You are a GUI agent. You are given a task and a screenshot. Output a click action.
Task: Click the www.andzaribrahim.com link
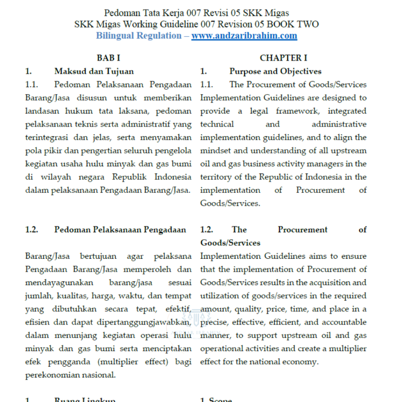pyautogui.click(x=244, y=36)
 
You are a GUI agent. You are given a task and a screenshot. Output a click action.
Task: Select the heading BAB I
pyautogui.click(x=108, y=58)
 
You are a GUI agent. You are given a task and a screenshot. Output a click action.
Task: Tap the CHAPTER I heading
pyautogui.click(x=283, y=58)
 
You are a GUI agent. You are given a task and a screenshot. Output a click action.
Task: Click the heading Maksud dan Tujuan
pyautogui.click(x=94, y=71)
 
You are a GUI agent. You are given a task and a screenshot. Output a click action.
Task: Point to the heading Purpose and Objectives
pyautogui.click(x=275, y=71)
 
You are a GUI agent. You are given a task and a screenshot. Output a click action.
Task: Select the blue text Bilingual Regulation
pyautogui.click(x=139, y=36)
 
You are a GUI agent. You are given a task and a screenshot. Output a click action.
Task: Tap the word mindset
pyautogui.click(x=216, y=150)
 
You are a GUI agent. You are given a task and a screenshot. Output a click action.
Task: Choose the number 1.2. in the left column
pyautogui.click(x=31, y=230)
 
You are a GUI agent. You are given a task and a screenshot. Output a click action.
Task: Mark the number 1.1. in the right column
pyautogui.click(x=206, y=84)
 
